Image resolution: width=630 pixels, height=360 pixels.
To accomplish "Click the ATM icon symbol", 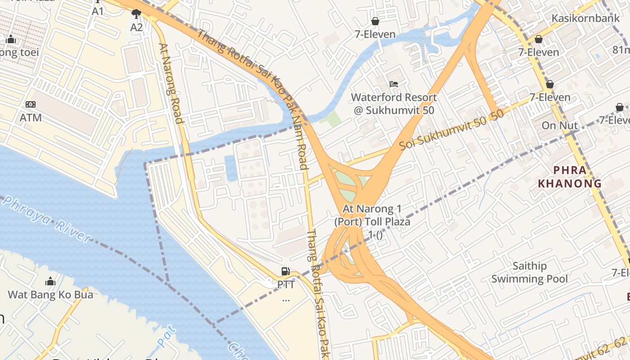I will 31,104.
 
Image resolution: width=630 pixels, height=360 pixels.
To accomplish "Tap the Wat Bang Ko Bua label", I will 50,295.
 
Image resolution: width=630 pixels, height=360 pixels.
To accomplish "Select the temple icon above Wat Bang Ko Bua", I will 50,282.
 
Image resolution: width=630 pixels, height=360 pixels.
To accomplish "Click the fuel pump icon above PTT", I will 285,271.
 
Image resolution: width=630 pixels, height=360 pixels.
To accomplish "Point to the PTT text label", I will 286,285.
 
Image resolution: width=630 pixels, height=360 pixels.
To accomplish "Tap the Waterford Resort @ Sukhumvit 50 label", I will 394,103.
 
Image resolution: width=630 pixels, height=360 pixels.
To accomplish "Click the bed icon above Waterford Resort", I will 394,84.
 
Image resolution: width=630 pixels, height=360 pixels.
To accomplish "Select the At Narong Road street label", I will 171,83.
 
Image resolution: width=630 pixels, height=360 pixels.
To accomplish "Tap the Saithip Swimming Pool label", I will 530,272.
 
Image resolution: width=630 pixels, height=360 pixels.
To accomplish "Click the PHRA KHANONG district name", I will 570,177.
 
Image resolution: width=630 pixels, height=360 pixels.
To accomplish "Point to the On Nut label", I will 559,126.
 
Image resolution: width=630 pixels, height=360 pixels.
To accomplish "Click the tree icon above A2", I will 136,14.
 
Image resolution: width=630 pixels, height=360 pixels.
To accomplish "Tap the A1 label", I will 98,11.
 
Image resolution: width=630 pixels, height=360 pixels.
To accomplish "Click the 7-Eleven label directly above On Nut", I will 550,97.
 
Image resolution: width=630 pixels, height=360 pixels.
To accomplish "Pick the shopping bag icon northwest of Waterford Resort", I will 375,21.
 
